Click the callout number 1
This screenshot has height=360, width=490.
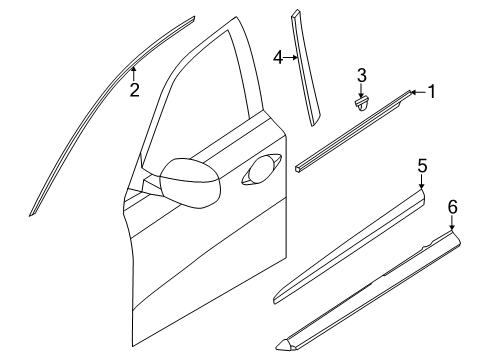pyautogui.click(x=432, y=92)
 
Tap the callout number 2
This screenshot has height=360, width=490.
pyautogui.click(x=134, y=90)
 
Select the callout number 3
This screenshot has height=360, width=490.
pyautogui.click(x=362, y=75)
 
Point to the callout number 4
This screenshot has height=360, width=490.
pyautogui.click(x=278, y=57)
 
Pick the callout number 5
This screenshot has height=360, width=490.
pyautogui.click(x=422, y=166)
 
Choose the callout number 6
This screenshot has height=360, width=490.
pyautogui.click(x=452, y=207)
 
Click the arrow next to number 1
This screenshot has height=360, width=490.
pyautogui.click(x=418, y=92)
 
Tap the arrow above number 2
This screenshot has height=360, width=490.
pyautogui.click(x=133, y=73)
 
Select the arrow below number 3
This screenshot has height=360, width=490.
pyautogui.click(x=361, y=91)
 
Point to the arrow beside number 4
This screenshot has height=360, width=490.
pyautogui.click(x=291, y=58)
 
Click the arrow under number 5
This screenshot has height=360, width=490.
pyautogui.click(x=422, y=182)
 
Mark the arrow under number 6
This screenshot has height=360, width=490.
pyautogui.click(x=452, y=223)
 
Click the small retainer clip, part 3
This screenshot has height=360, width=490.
pyautogui.click(x=361, y=104)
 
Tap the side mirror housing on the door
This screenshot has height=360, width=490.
pyautogui.click(x=190, y=182)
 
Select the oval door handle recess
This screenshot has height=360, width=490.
pyautogui.click(x=262, y=169)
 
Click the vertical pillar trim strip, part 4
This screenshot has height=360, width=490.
pyautogui.click(x=305, y=68)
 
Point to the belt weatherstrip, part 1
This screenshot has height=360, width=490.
pyautogui.click(x=353, y=131)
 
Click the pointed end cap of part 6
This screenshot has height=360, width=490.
pyautogui.click(x=286, y=344)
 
